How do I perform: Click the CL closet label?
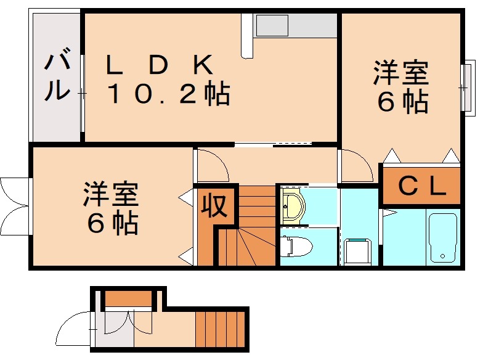tap(422, 186)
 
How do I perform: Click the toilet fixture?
tap(296, 246)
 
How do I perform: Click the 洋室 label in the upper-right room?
tap(400, 75)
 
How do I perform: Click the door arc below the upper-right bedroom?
tap(356, 165)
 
